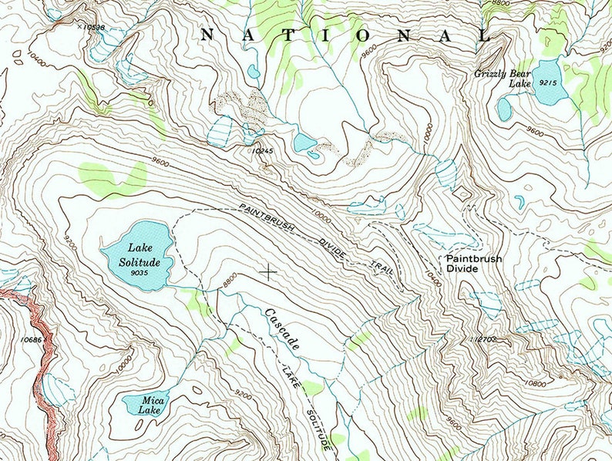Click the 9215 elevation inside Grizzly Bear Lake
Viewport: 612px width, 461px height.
tap(549, 82)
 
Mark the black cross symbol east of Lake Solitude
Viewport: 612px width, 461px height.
tap(268, 271)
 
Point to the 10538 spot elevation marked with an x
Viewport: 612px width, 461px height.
tap(92, 27)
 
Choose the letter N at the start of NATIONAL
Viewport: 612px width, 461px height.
tap(207, 35)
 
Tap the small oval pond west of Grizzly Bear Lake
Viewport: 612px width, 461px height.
tap(504, 109)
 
